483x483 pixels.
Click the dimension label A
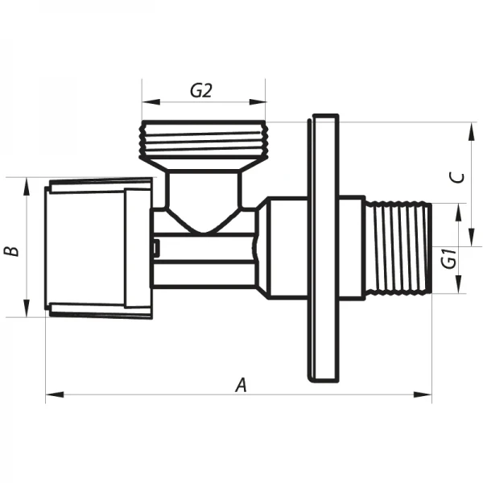(241, 385)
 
